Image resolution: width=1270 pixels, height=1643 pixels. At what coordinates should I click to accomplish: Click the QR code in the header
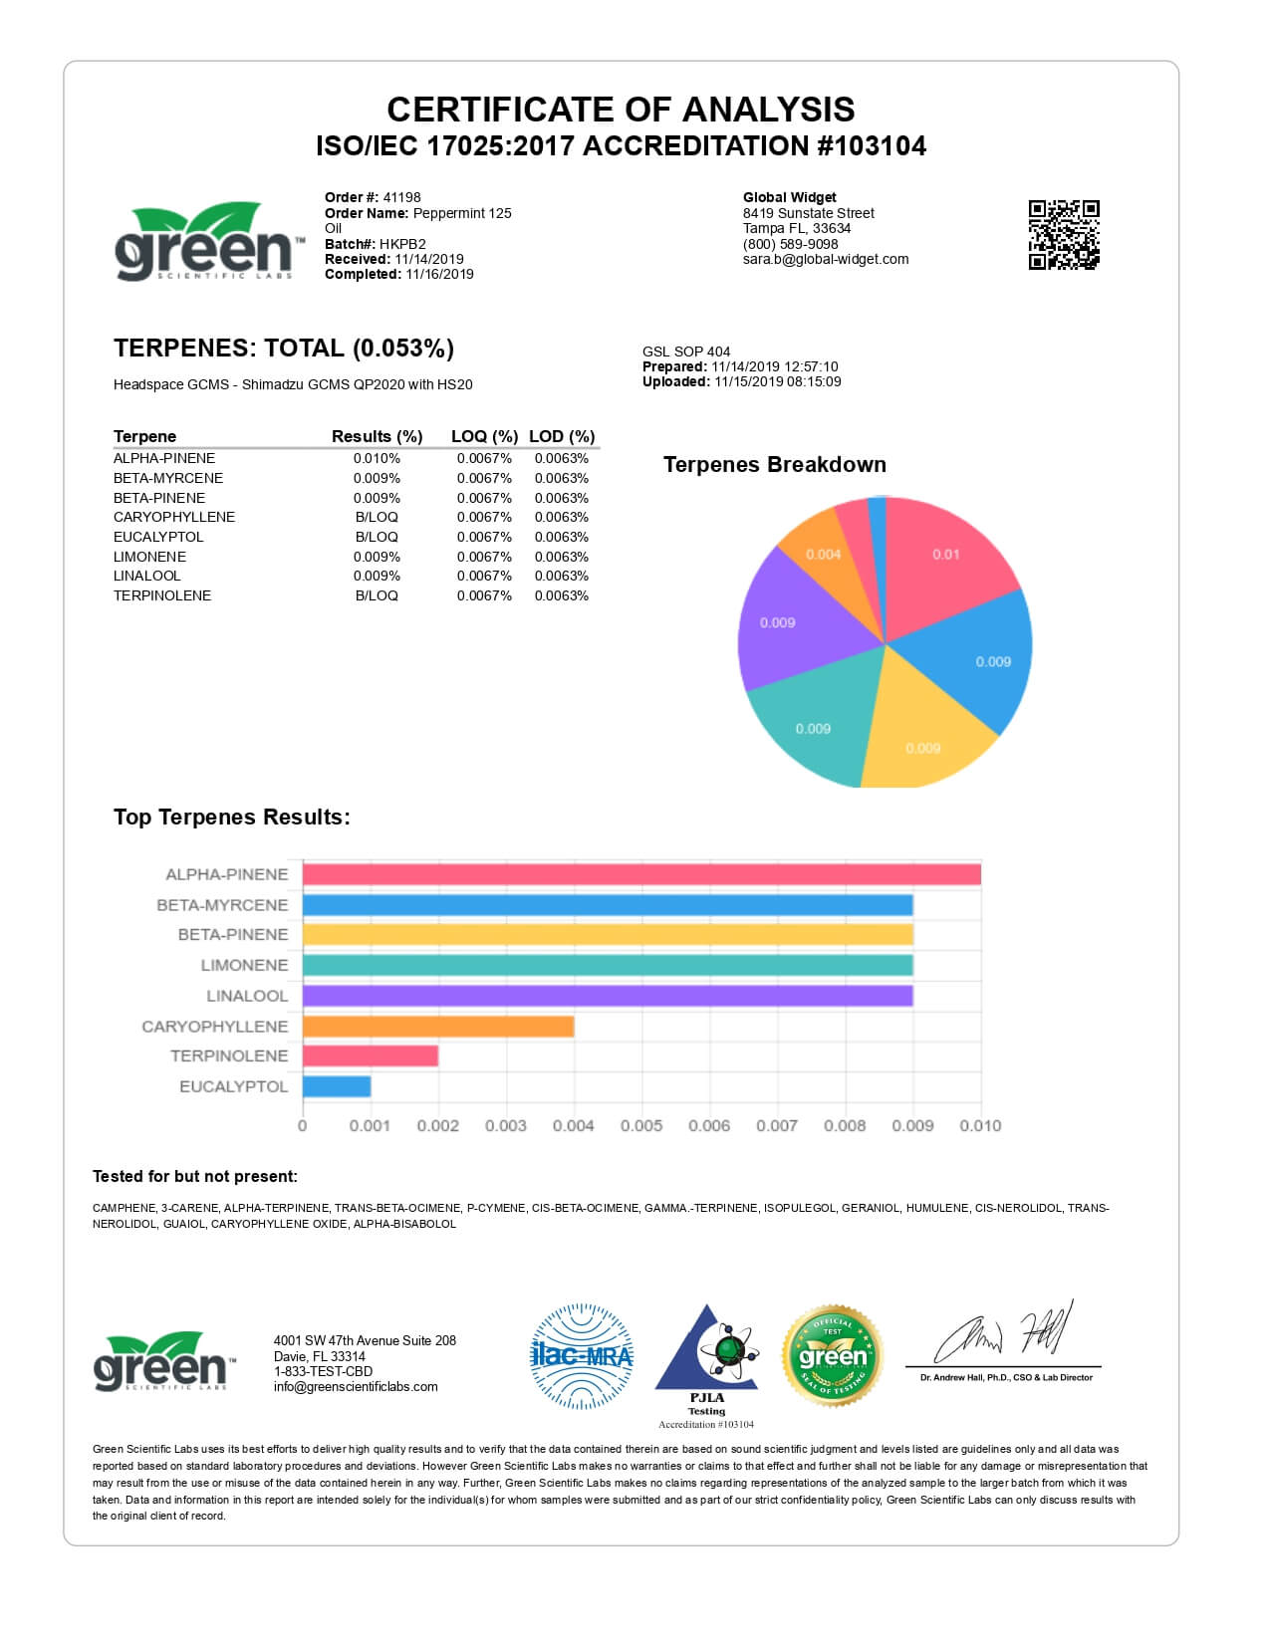[1064, 235]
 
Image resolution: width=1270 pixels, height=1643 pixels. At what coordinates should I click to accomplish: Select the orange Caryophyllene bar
[438, 1027]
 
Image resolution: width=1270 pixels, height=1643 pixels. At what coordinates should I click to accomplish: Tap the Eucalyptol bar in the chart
[337, 1086]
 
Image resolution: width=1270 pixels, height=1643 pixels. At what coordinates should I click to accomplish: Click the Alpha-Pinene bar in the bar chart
[641, 874]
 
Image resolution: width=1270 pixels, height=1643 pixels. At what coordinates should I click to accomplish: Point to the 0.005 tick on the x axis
[641, 1126]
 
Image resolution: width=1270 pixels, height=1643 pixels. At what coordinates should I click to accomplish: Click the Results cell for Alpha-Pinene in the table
[377, 459]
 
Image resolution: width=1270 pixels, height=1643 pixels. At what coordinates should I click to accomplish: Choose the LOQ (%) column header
[484, 436]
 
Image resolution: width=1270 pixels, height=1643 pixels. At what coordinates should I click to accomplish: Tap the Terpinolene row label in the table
[162, 595]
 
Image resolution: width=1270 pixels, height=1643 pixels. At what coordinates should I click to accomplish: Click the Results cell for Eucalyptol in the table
[377, 537]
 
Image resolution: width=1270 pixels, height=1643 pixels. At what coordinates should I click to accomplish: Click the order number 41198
[401, 197]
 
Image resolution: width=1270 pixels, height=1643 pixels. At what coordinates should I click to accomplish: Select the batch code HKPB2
[402, 244]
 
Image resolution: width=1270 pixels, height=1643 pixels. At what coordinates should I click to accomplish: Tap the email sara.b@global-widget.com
[826, 259]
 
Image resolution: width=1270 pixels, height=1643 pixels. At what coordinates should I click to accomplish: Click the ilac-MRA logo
[582, 1356]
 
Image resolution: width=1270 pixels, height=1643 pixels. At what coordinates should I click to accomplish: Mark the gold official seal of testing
[833, 1356]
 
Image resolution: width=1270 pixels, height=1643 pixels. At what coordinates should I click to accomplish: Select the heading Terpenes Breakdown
[774, 465]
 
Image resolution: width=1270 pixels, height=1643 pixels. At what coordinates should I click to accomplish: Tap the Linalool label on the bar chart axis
[247, 996]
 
